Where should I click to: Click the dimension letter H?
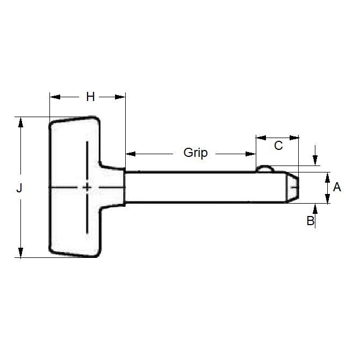coord(90,97)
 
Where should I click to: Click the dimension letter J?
coord(20,188)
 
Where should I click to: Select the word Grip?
coord(195,153)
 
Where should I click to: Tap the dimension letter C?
coord(278,145)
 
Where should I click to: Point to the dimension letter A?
coord(337,187)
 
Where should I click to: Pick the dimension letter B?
coord(310,220)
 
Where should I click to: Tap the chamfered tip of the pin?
coord(293,188)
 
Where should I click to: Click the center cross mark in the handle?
coord(87,187)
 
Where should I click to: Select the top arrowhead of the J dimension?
coord(20,122)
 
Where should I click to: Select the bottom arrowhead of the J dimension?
coord(20,253)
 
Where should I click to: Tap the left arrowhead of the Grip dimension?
coord(131,154)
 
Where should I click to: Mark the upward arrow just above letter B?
coord(315,208)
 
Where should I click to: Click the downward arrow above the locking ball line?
coord(315,160)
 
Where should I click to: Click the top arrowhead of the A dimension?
coord(327,177)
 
